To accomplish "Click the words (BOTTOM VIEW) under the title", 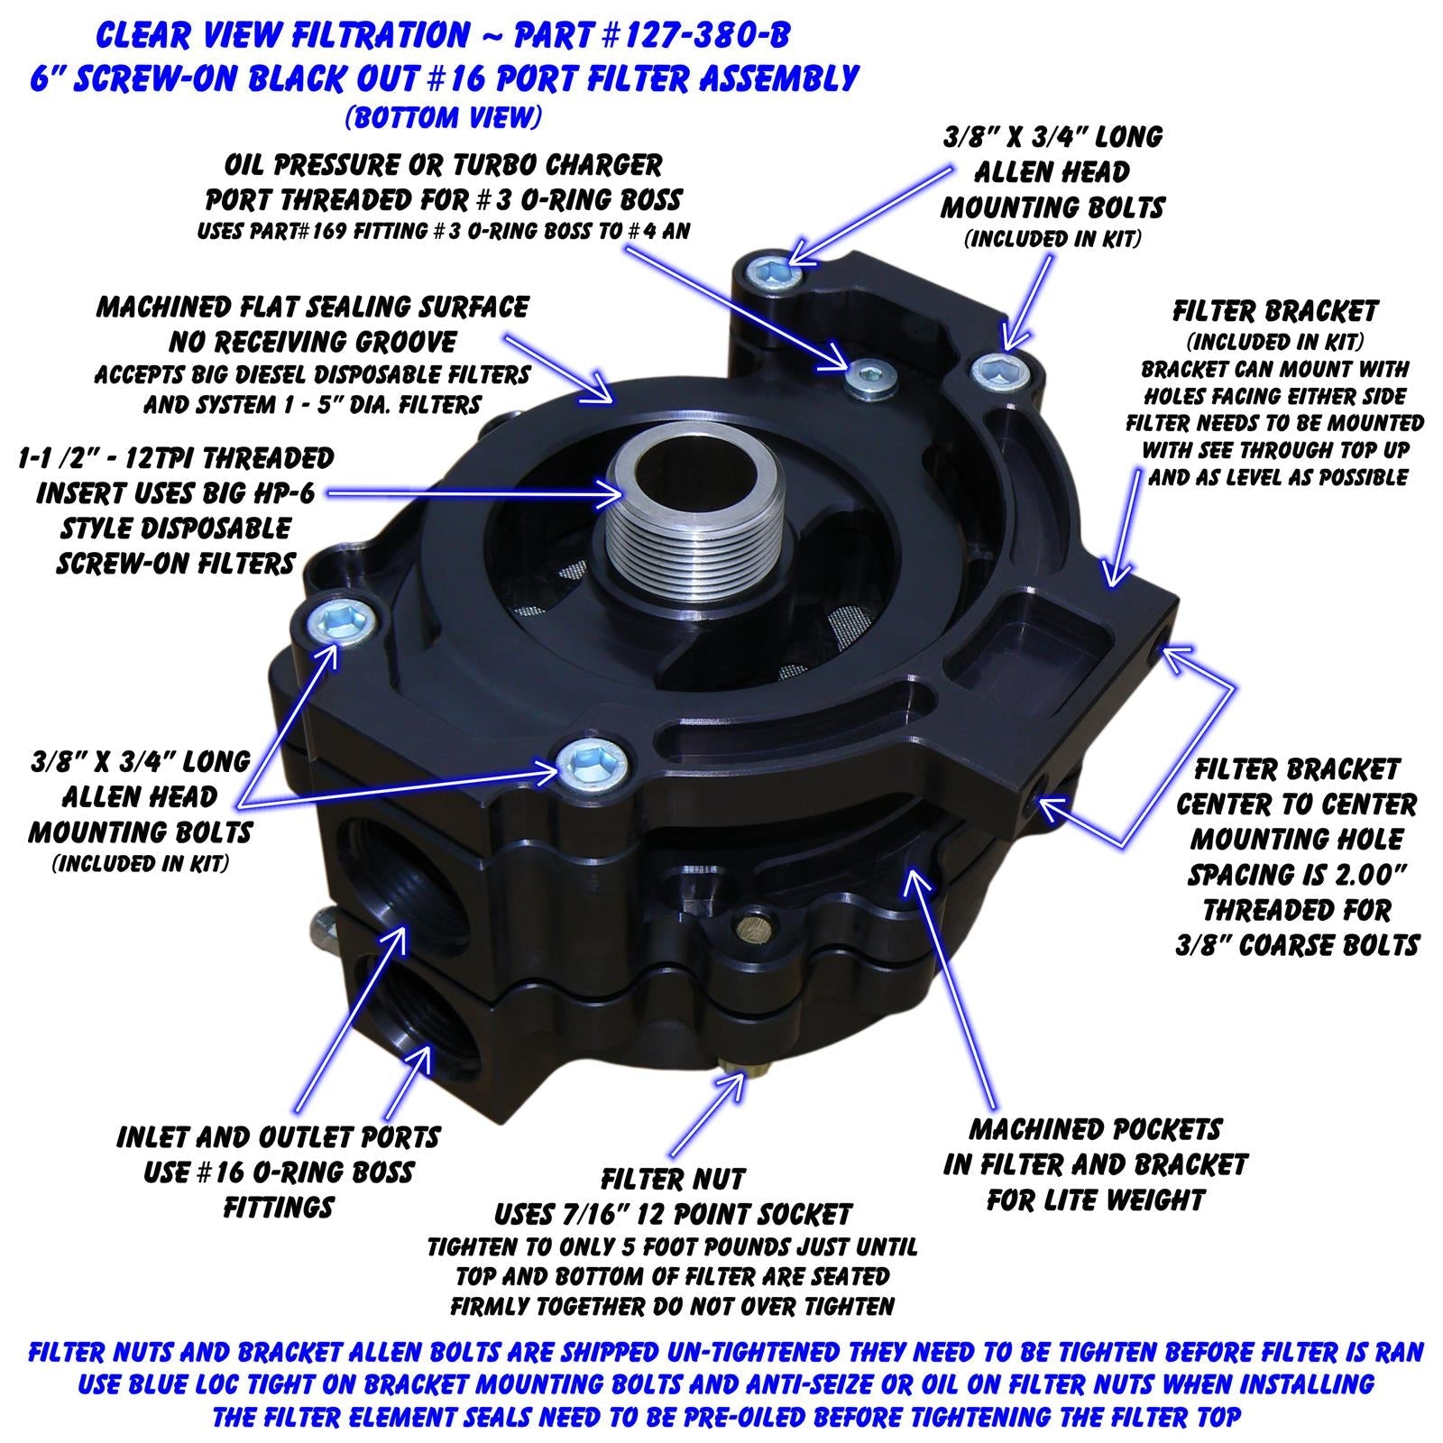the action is coord(443,117).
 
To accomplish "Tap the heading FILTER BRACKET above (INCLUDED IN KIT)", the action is coord(1275,312).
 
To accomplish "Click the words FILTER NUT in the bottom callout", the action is coord(673,1179).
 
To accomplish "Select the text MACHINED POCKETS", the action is coord(1095,1129).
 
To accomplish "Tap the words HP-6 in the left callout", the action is coord(279,493).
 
